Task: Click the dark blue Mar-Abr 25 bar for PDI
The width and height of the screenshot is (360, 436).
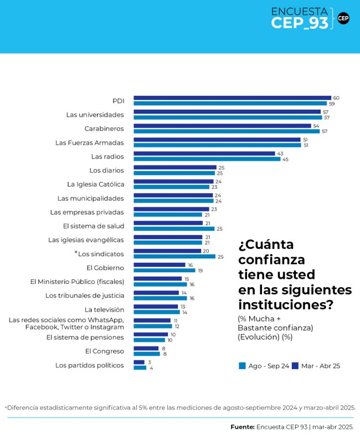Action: pyautogui.click(x=232, y=98)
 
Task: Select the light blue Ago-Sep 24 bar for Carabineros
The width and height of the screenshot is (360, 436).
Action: pyautogui.click(x=227, y=131)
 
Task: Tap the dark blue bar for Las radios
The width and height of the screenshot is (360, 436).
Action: pyautogui.click(x=204, y=153)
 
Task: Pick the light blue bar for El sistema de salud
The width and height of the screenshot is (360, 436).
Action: pyautogui.click(x=174, y=229)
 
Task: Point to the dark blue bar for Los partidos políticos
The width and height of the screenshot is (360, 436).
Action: pyautogui.click(x=139, y=362)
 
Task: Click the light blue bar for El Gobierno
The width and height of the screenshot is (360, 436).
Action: pyautogui.click(x=164, y=271)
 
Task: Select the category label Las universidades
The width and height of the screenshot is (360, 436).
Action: pyautogui.click(x=95, y=115)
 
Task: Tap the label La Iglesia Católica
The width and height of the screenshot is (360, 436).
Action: pyautogui.click(x=96, y=184)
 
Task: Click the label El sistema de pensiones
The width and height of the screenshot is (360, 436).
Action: pyautogui.click(x=85, y=337)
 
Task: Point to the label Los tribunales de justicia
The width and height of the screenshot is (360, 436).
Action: pyautogui.click(x=85, y=295)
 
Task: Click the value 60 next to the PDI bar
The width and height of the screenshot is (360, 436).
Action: pyautogui.click(x=336, y=98)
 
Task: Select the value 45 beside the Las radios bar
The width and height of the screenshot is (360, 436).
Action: pyautogui.click(x=285, y=159)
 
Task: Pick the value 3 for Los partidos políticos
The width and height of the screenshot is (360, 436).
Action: pyautogui.click(x=149, y=362)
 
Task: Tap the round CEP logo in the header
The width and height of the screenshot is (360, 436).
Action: pyautogui.click(x=343, y=18)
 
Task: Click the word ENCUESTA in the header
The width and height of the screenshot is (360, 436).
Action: pyautogui.click(x=299, y=11)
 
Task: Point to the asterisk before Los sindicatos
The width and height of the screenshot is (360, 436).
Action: pyautogui.click(x=76, y=253)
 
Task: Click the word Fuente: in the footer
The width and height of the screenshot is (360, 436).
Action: pyautogui.click(x=243, y=427)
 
